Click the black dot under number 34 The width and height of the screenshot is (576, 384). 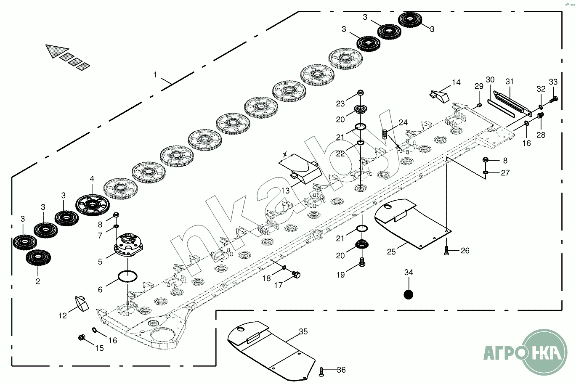(x=408, y=294)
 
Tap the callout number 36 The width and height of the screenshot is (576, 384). (x=341, y=370)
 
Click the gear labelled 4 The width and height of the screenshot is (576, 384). (x=92, y=205)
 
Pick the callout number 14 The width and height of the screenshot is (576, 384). (x=457, y=82)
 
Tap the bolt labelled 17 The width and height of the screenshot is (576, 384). (x=297, y=275)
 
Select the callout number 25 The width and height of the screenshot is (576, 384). (x=391, y=252)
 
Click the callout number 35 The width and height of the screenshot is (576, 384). (x=303, y=332)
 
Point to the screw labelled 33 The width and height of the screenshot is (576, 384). (x=553, y=100)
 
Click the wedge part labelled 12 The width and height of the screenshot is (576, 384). (x=80, y=303)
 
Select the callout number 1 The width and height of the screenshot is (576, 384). (x=155, y=75)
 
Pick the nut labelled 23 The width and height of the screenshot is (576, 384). (x=361, y=93)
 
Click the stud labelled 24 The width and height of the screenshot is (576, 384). (x=385, y=135)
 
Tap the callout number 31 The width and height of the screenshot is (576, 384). (x=510, y=81)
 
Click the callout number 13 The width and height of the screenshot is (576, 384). (x=286, y=191)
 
